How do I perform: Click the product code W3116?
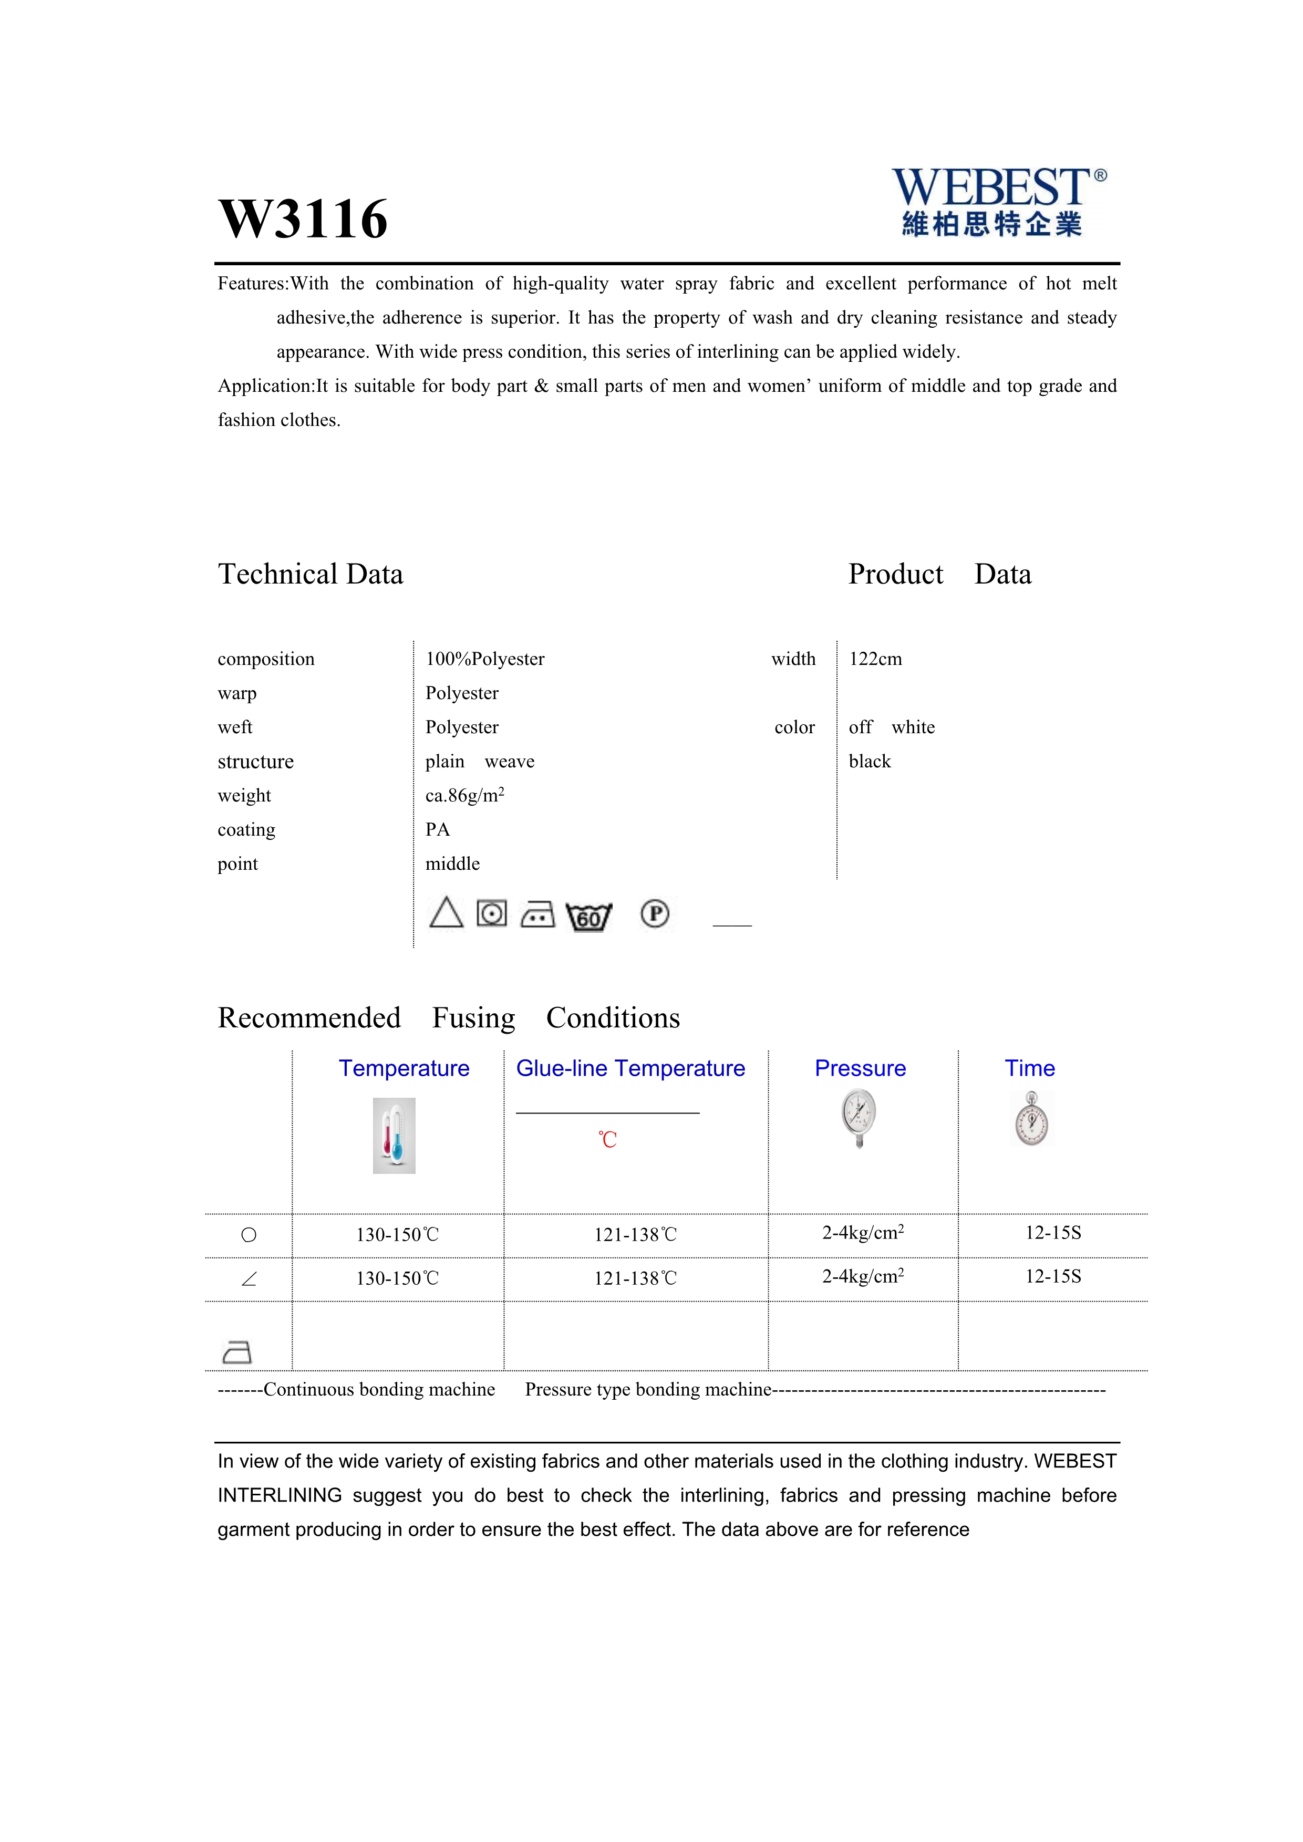coord(303,219)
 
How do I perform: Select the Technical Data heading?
coord(311,575)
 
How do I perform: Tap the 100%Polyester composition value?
coord(484,659)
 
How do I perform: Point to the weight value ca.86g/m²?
coord(464,795)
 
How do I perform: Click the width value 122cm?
coord(875,659)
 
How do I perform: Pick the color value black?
coord(870,762)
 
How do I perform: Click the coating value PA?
coord(437,829)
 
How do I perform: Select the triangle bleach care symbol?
coord(446,913)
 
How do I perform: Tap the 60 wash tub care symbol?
coord(589,916)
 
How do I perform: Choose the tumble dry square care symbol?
coord(492,913)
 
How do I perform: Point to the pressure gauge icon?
coord(860,1118)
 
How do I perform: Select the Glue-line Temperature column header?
coord(630,1069)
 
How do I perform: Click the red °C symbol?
coord(607,1140)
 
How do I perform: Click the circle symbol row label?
coord(249,1235)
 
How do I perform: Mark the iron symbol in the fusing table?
coord(236,1352)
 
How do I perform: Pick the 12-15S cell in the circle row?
coord(1053,1233)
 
